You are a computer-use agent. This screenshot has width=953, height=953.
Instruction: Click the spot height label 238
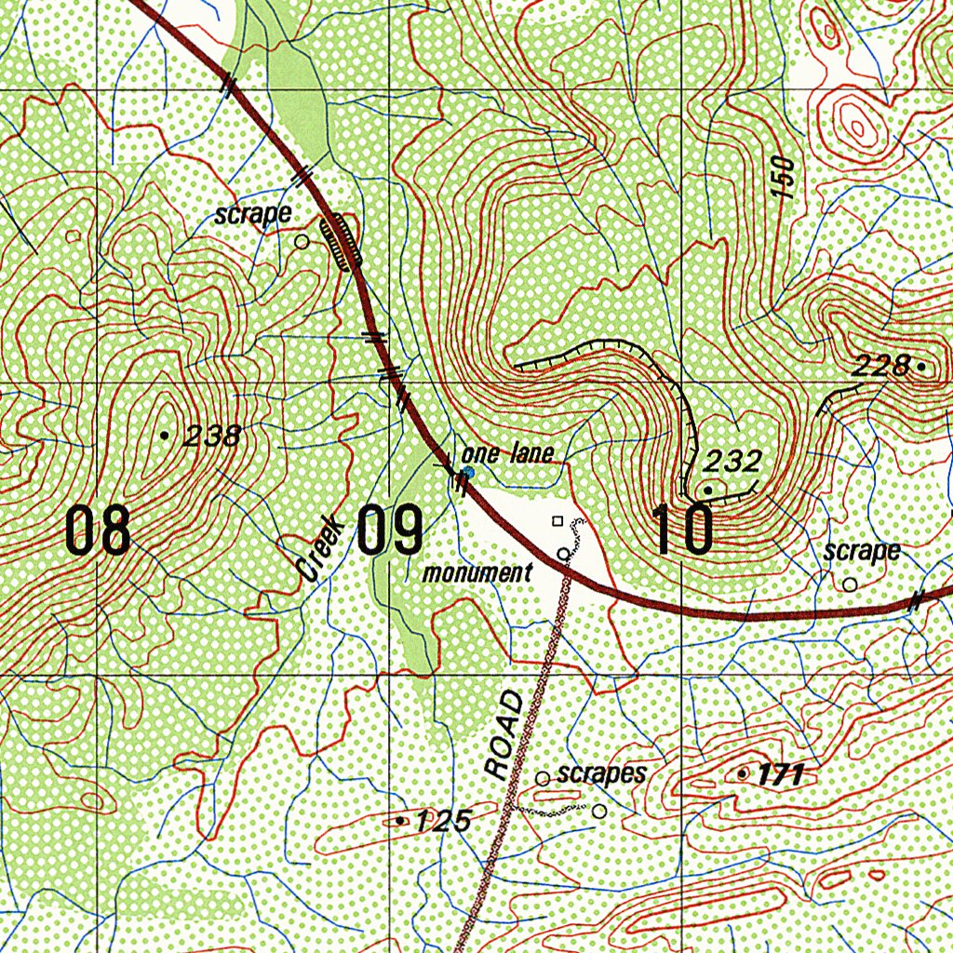pyautogui.click(x=213, y=436)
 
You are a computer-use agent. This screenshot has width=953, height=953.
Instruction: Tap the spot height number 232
pyautogui.click(x=732, y=461)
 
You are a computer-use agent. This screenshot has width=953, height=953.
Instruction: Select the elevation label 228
pyautogui.click(x=880, y=367)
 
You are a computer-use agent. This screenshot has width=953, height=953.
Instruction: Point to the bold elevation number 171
pyautogui.click(x=780, y=773)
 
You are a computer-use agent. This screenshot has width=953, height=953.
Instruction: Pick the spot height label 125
pyautogui.click(x=443, y=821)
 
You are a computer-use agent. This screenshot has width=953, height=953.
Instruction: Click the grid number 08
pyautogui.click(x=98, y=533)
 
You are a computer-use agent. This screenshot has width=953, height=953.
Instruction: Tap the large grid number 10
pyautogui.click(x=684, y=530)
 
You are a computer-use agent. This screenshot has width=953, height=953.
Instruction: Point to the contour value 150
pyautogui.click(x=784, y=177)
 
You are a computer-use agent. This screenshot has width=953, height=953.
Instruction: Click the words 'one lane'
pyautogui.click(x=508, y=454)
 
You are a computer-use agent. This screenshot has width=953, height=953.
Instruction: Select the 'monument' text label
pyautogui.click(x=477, y=573)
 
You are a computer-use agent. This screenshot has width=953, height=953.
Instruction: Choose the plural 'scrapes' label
pyautogui.click(x=601, y=774)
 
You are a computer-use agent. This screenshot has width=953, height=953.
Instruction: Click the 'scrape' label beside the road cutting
pyautogui.click(x=252, y=215)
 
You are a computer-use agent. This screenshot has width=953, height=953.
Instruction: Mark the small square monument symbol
pyautogui.click(x=557, y=521)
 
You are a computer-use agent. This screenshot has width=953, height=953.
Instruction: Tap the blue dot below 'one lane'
pyautogui.click(x=468, y=473)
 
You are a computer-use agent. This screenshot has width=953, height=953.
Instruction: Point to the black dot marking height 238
pyautogui.click(x=165, y=435)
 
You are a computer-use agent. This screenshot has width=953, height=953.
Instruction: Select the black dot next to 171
pyautogui.click(x=742, y=773)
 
